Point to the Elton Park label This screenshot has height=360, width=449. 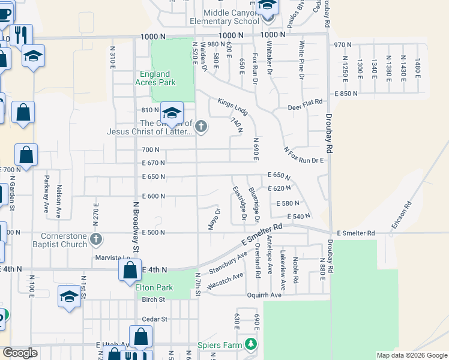click(154, 287)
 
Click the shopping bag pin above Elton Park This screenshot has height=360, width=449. click(130, 272)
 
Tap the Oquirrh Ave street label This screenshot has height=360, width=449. click(264, 295)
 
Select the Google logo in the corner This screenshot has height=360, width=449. click(20, 353)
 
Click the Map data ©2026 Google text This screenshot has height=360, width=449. click(411, 355)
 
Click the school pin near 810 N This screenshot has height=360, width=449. click(172, 114)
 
